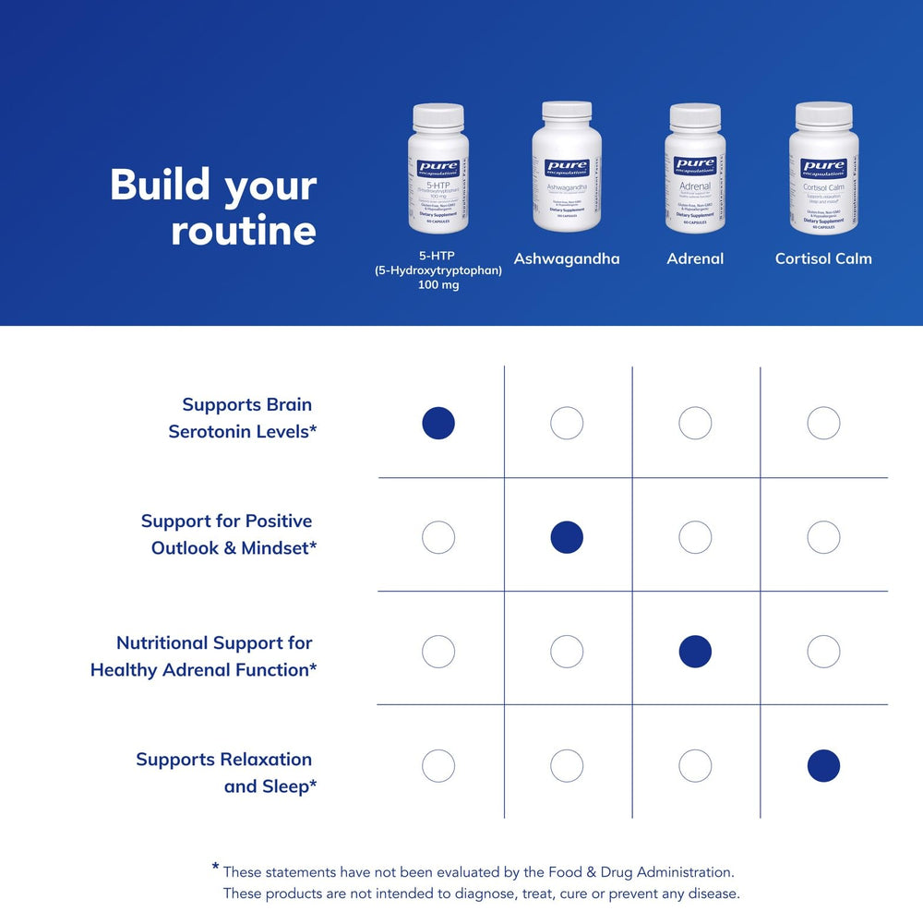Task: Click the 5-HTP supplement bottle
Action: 438,171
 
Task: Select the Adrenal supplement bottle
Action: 695,171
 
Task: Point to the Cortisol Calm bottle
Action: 823,171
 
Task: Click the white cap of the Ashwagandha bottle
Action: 566,111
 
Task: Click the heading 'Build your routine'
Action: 213,208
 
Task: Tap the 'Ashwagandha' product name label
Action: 567,258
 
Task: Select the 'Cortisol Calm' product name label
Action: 823,258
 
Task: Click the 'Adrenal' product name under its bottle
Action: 695,258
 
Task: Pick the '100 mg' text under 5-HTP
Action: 438,285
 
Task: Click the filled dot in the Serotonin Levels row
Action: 438,424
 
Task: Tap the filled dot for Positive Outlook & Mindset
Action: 567,537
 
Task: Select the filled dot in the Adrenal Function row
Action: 695,652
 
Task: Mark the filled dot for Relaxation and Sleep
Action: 823,765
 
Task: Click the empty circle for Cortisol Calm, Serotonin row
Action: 823,424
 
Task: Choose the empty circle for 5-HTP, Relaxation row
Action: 438,765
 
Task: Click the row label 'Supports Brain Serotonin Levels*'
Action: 243,417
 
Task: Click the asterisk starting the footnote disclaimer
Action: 215,868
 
